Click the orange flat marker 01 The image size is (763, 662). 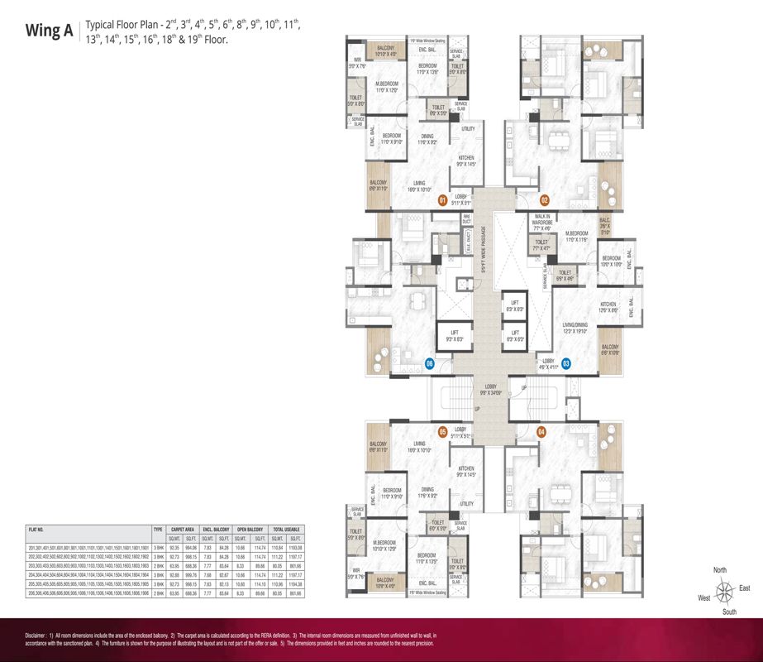(x=442, y=200)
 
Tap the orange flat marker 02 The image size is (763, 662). (x=545, y=200)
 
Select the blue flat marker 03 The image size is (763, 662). (x=565, y=362)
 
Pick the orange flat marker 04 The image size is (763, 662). (x=541, y=431)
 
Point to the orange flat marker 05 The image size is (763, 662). (x=442, y=431)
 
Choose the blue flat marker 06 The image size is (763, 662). (x=429, y=362)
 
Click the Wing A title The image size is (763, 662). (x=50, y=33)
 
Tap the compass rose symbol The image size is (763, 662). (x=724, y=591)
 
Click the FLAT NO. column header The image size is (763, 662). (x=36, y=527)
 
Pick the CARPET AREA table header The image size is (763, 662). (x=183, y=527)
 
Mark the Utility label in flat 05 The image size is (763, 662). (x=467, y=503)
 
